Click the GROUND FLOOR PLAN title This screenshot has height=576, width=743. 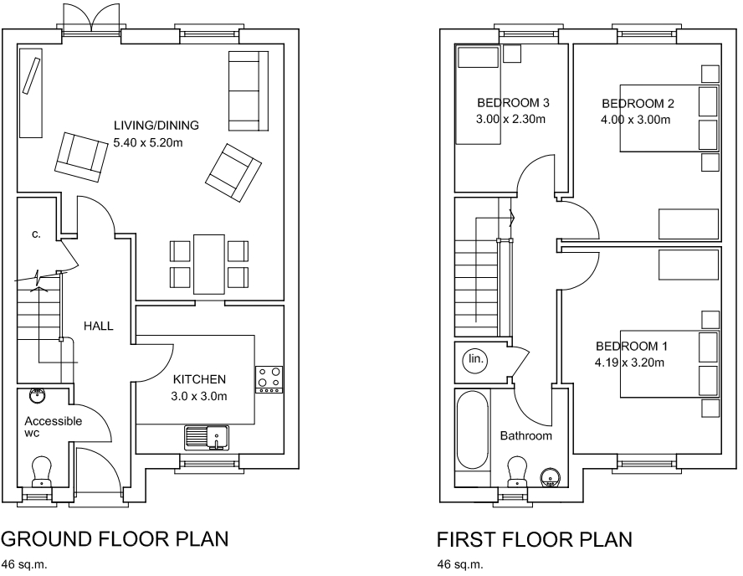pyautogui.click(x=115, y=538)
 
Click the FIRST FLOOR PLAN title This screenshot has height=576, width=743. pyautogui.click(x=534, y=538)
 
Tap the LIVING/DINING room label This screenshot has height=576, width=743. pyautogui.click(x=156, y=126)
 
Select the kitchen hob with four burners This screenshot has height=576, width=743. pyautogui.click(x=269, y=379)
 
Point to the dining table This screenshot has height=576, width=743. pyautogui.click(x=209, y=264)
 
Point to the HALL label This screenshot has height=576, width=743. pyautogui.click(x=99, y=326)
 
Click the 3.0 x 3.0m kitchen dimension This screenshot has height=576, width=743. pyautogui.click(x=200, y=396)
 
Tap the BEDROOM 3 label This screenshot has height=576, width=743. pyautogui.click(x=512, y=103)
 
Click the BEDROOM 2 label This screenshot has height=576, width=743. pyautogui.click(x=638, y=104)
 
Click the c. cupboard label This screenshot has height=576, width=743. pyautogui.click(x=36, y=234)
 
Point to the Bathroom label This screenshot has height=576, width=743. pyautogui.click(x=526, y=436)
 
